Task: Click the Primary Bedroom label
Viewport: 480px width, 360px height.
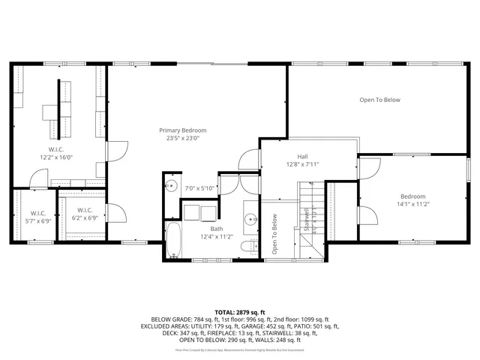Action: [x=182, y=130]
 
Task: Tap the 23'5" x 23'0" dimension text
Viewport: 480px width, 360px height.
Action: [x=182, y=138]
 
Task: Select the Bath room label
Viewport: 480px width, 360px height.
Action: [x=216, y=229]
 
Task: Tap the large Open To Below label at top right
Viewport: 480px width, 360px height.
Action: [x=379, y=100]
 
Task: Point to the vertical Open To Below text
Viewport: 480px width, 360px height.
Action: [x=274, y=234]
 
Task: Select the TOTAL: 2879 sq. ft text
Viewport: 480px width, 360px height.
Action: [x=240, y=311]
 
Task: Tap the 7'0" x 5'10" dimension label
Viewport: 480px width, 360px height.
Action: [x=200, y=188]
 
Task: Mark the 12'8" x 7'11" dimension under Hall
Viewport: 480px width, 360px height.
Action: [x=302, y=164]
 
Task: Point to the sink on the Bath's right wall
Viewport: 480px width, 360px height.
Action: [x=250, y=220]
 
